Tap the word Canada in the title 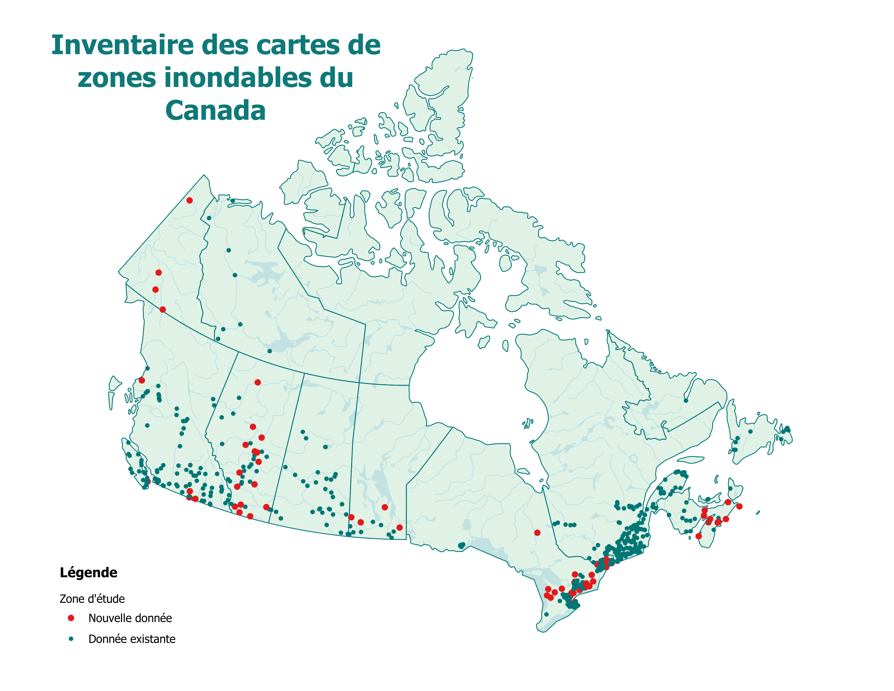pos(216,111)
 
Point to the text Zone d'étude pos(92,599)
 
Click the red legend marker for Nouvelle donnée pos(71,618)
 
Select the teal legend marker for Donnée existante pos(71,639)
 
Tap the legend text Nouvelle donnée pos(130,618)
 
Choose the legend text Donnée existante pos(132,639)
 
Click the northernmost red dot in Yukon pos(190,200)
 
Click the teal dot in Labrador pos(686,400)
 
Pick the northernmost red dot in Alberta pos(257,382)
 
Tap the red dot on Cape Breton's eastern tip pos(739,506)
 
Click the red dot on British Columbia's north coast pos(142,380)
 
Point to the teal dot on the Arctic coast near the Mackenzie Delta pos(232,201)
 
